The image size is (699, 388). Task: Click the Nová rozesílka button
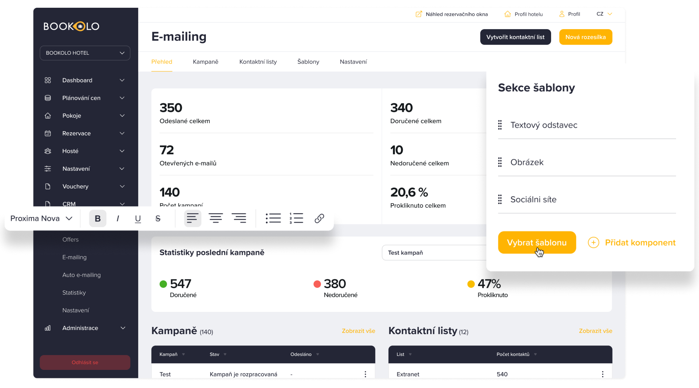point(586,37)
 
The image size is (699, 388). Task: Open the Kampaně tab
point(206,62)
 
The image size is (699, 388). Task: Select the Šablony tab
point(308,62)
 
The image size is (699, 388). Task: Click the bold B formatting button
point(98,218)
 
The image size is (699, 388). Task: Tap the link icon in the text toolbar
point(319,218)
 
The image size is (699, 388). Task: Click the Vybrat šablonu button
point(537,242)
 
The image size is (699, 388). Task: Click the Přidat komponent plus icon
point(594,242)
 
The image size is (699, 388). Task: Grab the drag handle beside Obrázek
point(500,162)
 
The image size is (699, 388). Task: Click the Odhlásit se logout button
point(85,363)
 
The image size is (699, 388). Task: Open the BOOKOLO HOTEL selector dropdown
point(85,53)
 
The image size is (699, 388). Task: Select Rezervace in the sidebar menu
point(77,133)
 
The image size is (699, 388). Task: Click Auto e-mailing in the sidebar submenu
point(81,275)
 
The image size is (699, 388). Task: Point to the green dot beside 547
point(163,284)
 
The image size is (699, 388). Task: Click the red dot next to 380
point(317,284)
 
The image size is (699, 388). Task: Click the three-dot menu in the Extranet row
point(603,374)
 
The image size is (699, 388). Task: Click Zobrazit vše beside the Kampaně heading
point(358,331)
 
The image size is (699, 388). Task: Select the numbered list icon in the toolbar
point(296,218)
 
